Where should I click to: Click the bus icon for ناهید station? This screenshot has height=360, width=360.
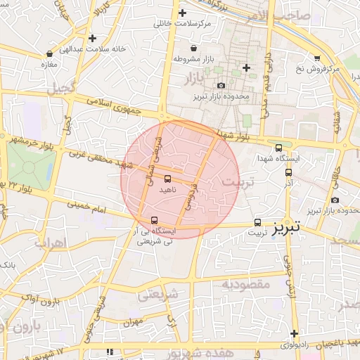pyautogui.click(x=167, y=179)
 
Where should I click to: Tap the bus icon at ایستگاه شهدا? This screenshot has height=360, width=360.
pyautogui.click(x=279, y=148)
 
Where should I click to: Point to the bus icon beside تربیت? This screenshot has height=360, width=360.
pyautogui.click(x=257, y=221)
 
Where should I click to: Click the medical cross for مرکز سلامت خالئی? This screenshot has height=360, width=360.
pyautogui.click(x=182, y=13)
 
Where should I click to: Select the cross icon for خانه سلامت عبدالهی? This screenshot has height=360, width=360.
pyautogui.click(x=92, y=38)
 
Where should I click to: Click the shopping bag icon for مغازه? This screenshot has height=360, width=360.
pyautogui.click(x=49, y=53)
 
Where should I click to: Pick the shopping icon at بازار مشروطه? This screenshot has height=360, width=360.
pyautogui.click(x=174, y=58)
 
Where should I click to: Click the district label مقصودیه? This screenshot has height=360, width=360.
pyautogui.click(x=247, y=284)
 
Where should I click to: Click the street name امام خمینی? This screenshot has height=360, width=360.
pyautogui.click(x=88, y=209)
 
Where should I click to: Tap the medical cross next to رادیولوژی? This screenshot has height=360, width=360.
pyautogui.click(x=294, y=333)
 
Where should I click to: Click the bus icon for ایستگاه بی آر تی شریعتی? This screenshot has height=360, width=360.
pyautogui.click(x=155, y=220)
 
